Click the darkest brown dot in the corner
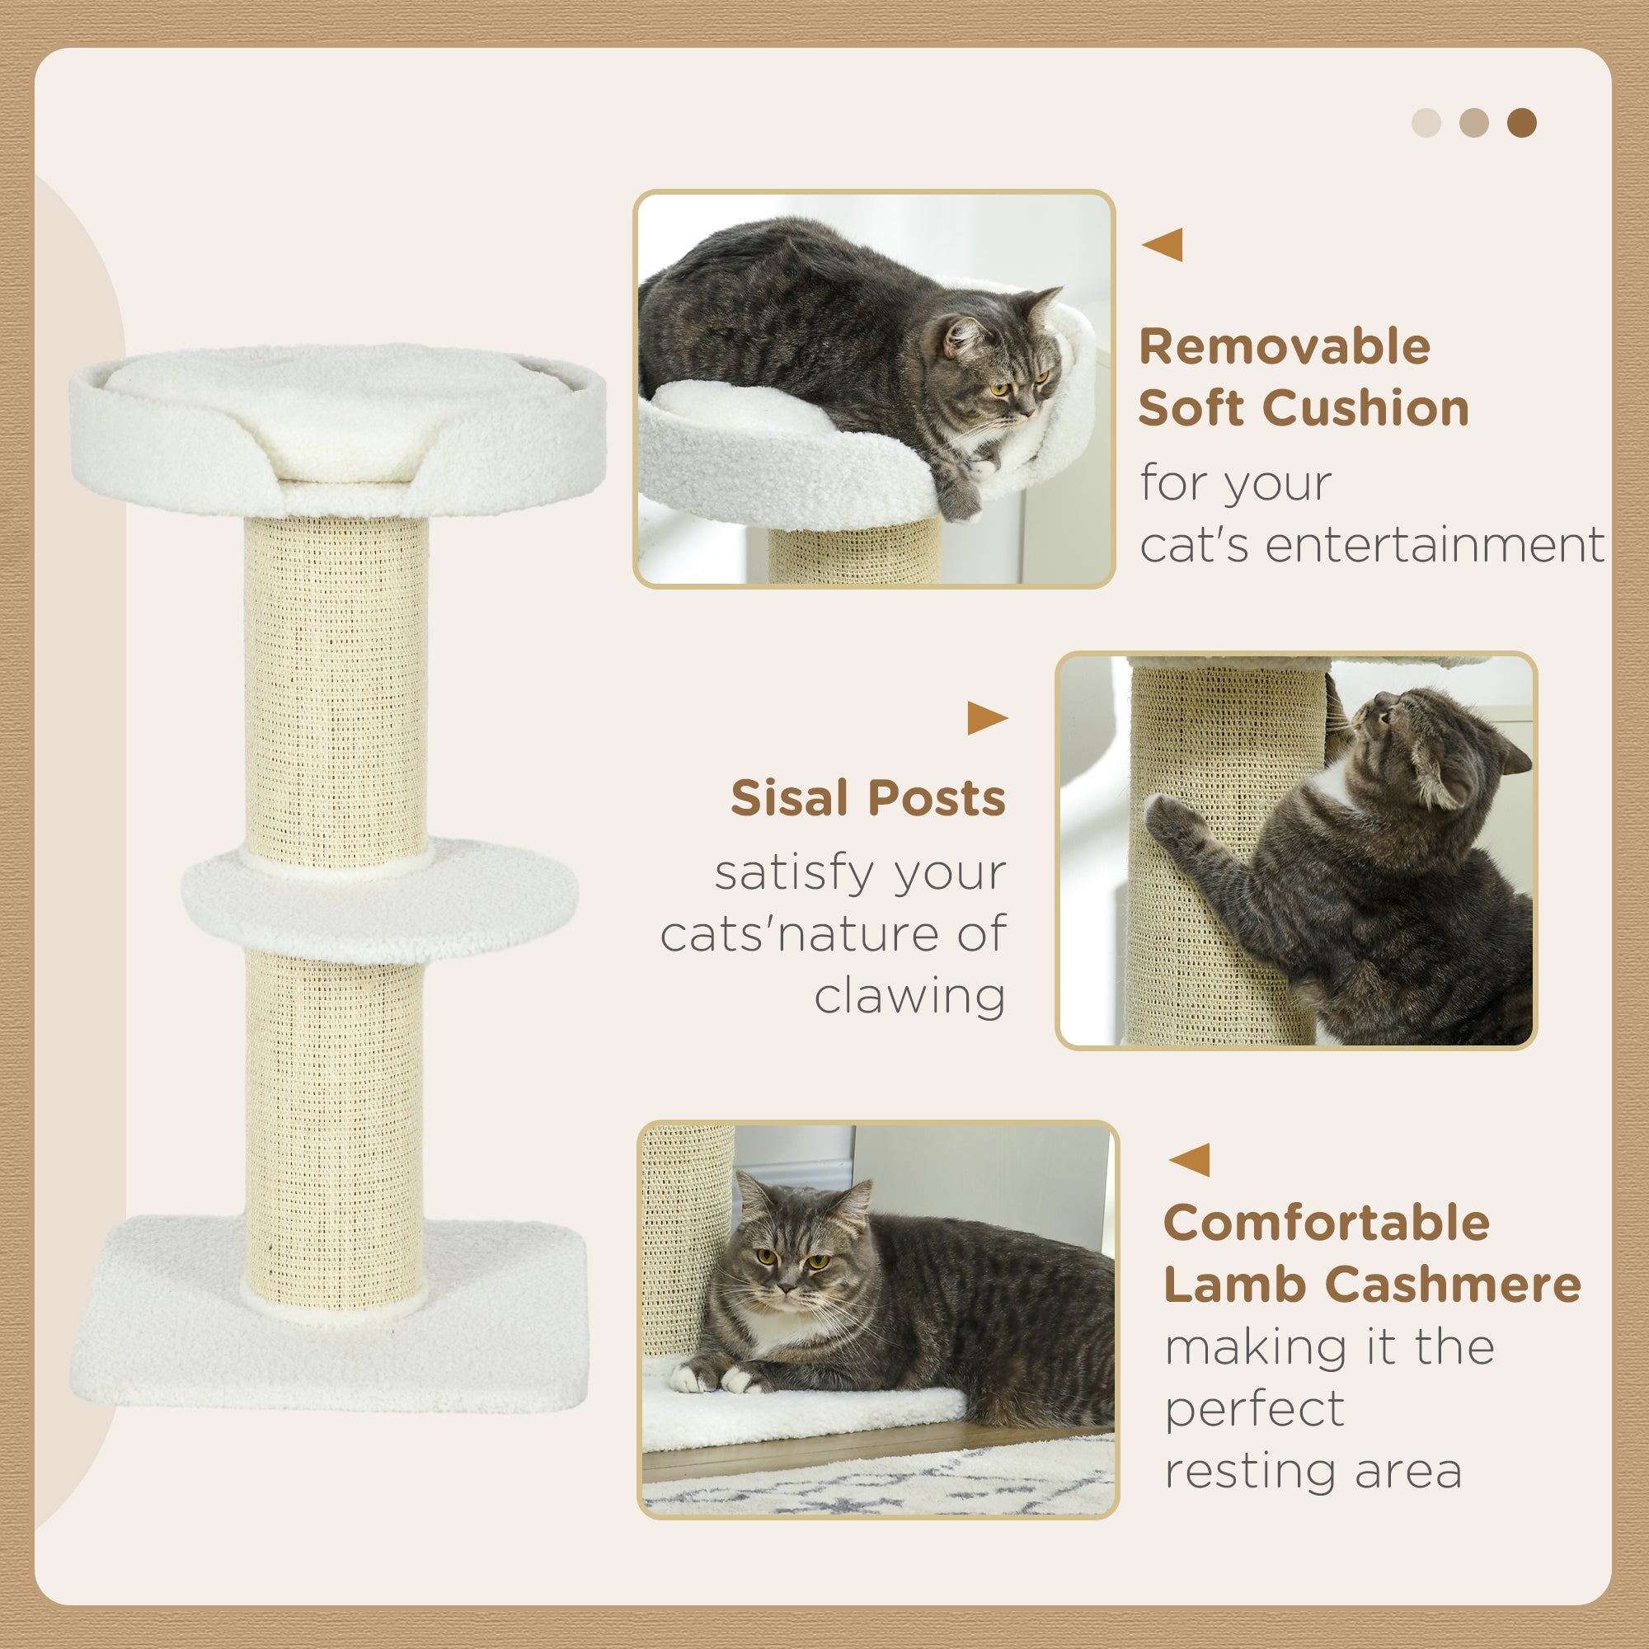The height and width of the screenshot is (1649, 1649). coord(1521,123)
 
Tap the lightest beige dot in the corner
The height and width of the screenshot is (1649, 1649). coord(1426,123)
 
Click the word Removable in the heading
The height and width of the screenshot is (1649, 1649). coord(1285,347)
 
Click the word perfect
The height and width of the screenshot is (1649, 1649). coord(1255,1409)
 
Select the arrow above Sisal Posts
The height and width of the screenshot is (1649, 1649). coord(986,718)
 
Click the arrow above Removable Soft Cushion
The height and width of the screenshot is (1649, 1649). coord(1163,245)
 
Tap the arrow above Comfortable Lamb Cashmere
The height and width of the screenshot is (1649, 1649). coord(1190,1160)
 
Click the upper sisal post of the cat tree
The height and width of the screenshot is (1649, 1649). coord(336,683)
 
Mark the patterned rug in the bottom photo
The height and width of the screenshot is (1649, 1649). coord(879,1489)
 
